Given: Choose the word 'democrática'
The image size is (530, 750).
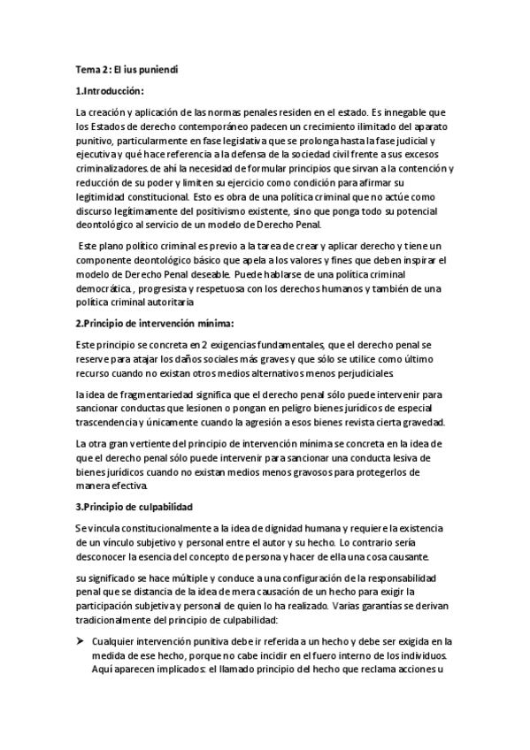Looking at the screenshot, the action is [x=104, y=288].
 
